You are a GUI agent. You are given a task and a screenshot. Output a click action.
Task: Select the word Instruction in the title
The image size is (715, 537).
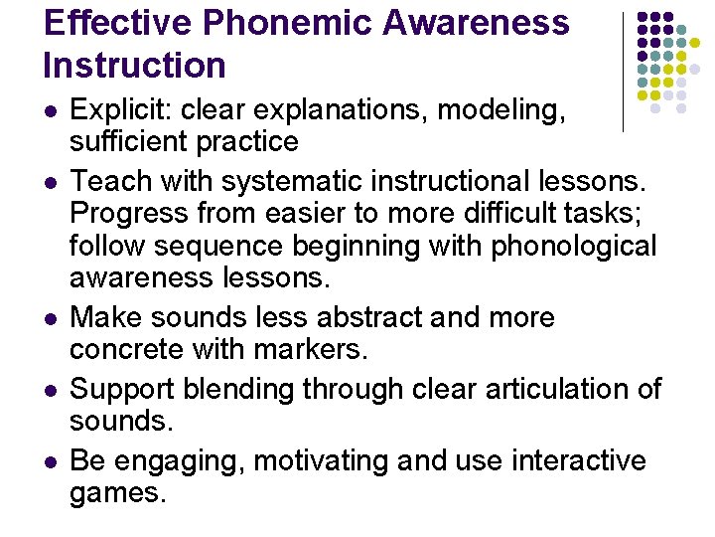coord(135,66)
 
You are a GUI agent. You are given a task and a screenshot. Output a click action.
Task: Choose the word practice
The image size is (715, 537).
coord(250,142)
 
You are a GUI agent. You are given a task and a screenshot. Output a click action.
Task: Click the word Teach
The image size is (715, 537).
coord(108,181)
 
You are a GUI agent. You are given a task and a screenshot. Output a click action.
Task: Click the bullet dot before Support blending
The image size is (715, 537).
coord(51,390)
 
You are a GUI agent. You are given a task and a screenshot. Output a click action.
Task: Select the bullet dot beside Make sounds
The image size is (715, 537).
coord(51,318)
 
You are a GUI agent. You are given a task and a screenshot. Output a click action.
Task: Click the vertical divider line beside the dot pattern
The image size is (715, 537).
coord(623,72)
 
